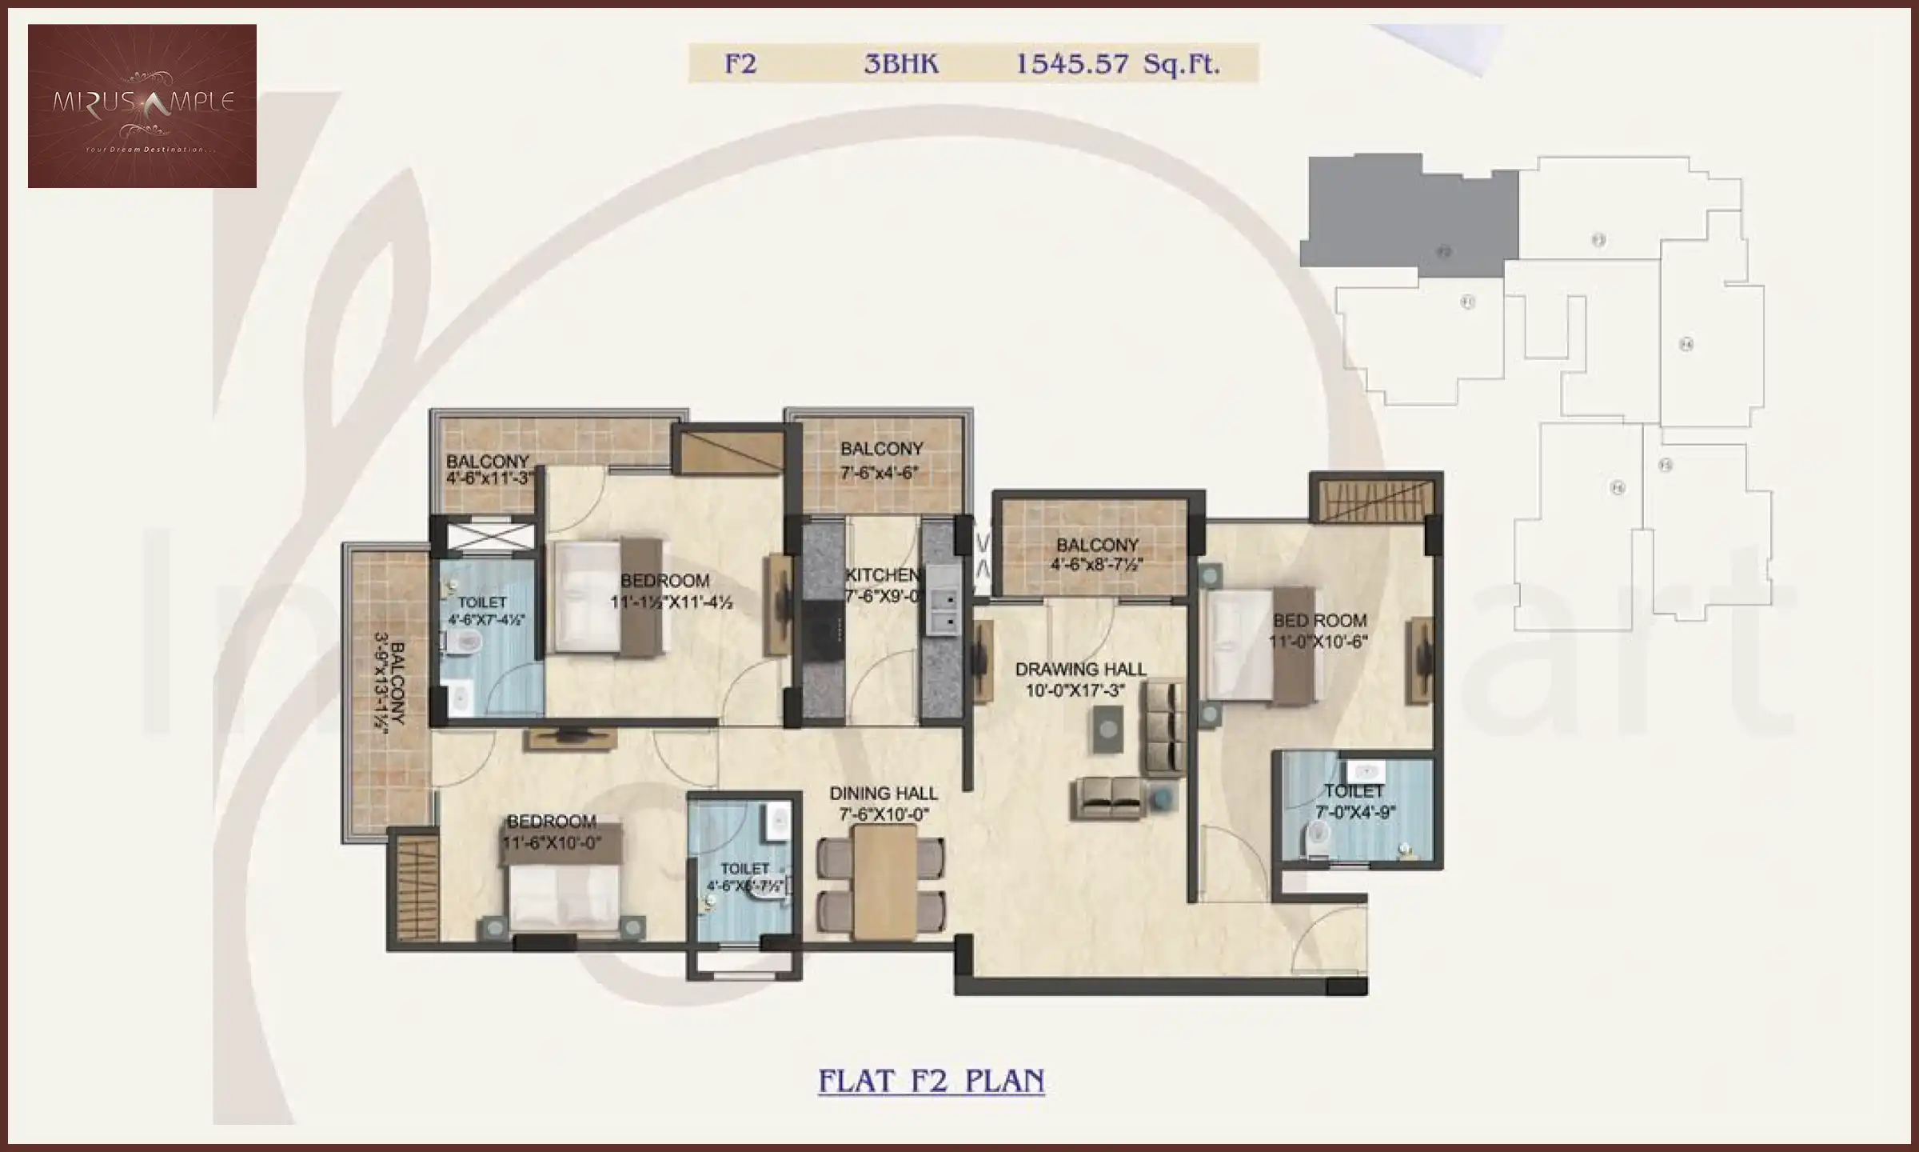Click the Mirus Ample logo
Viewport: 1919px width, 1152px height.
coord(142,106)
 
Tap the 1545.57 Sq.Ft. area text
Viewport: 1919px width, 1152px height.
coord(1117,64)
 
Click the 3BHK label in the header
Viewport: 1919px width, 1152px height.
coord(901,64)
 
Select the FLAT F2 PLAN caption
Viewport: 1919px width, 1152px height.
coord(931,1081)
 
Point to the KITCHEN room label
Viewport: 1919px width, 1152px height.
coord(882,575)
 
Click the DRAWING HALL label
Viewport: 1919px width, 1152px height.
coord(1079,670)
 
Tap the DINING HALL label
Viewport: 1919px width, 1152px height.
coord(883,794)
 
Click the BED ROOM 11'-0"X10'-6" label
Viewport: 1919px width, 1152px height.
coord(1319,630)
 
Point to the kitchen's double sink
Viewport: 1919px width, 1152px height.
coord(943,610)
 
